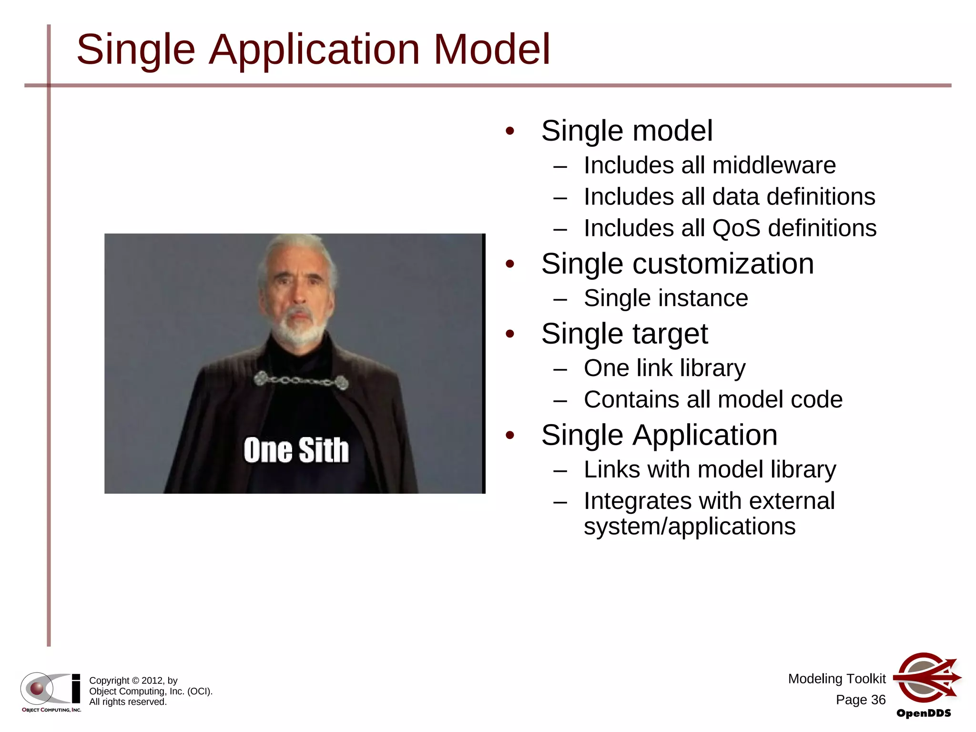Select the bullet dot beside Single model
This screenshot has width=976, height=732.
[x=510, y=131]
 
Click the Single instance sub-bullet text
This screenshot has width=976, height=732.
[x=666, y=298]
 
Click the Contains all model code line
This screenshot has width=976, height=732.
[x=713, y=399]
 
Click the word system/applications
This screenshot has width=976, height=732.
[x=689, y=527]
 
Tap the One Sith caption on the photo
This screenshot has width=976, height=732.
[x=296, y=450]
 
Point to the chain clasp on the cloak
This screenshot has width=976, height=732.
[x=300, y=381]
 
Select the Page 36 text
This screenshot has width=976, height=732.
[x=860, y=700]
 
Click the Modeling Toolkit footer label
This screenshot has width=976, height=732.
[x=836, y=679]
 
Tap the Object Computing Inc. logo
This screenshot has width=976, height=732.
[x=51, y=691]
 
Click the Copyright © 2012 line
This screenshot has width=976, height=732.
[x=133, y=681]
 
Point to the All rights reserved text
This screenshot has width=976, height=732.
[x=128, y=702]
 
